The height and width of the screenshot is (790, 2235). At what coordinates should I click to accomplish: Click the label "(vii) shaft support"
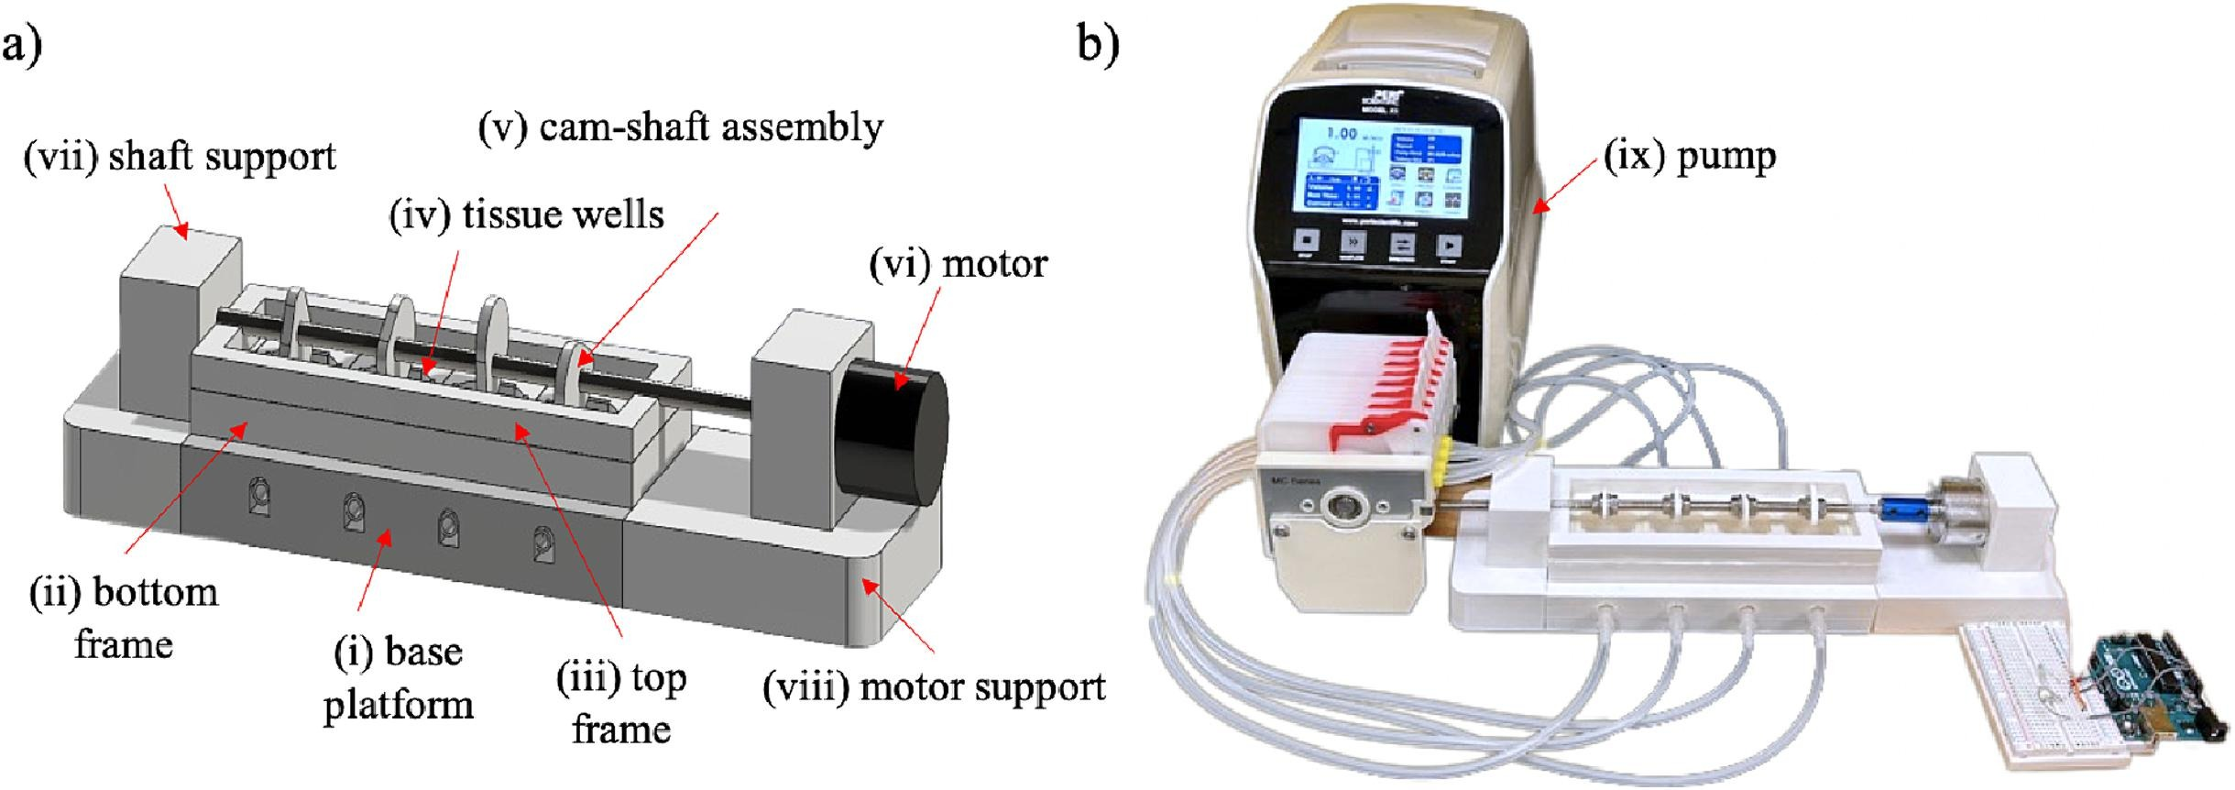point(180,158)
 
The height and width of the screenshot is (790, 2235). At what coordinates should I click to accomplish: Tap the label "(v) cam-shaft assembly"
point(680,127)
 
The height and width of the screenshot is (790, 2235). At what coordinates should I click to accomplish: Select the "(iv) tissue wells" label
point(527,215)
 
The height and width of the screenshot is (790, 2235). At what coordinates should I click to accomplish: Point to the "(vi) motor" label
point(958,265)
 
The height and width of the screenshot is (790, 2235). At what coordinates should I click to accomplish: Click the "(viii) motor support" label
point(934,687)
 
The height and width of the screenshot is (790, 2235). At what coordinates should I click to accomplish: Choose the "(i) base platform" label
point(399,678)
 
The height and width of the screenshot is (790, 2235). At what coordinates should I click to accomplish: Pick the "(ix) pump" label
point(1689,157)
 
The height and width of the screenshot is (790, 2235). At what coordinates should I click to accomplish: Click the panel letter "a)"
point(22,46)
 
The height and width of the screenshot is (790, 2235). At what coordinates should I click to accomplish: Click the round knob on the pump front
point(1342,506)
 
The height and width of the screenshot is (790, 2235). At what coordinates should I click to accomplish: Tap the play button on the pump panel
point(1449,245)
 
